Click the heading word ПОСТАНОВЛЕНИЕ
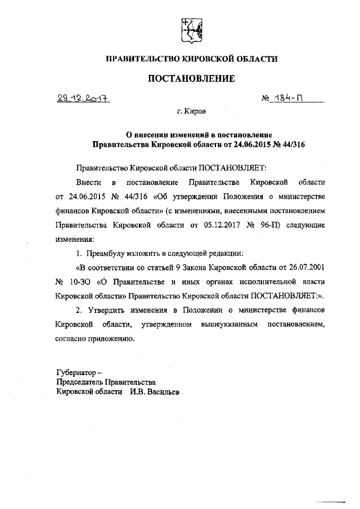190,79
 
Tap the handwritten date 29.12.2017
82,98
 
